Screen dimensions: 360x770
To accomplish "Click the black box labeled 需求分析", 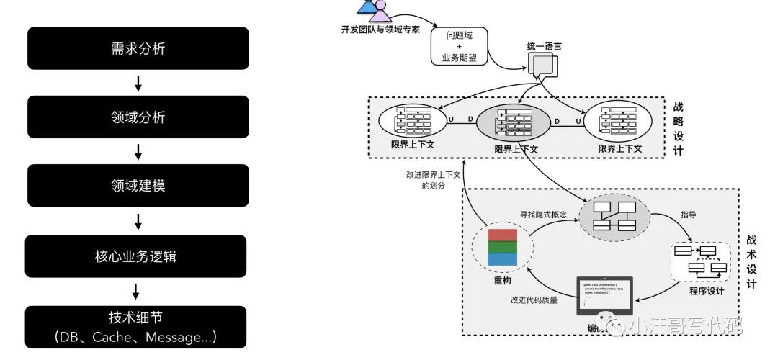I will [x=138, y=50].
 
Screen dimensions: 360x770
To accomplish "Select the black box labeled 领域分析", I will [x=138, y=117].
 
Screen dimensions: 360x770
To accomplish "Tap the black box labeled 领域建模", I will [x=138, y=185].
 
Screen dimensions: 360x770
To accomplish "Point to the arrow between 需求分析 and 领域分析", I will [x=138, y=84].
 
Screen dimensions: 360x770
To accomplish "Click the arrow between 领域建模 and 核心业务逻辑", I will [x=138, y=220].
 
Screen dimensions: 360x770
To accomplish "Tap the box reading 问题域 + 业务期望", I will [x=459, y=47].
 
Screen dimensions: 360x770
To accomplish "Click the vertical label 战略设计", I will [x=677, y=128].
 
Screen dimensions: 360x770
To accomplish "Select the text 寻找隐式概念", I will [x=544, y=214].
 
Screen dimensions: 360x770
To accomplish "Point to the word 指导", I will [x=689, y=215].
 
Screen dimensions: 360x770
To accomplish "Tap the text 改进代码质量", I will [x=534, y=300].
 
